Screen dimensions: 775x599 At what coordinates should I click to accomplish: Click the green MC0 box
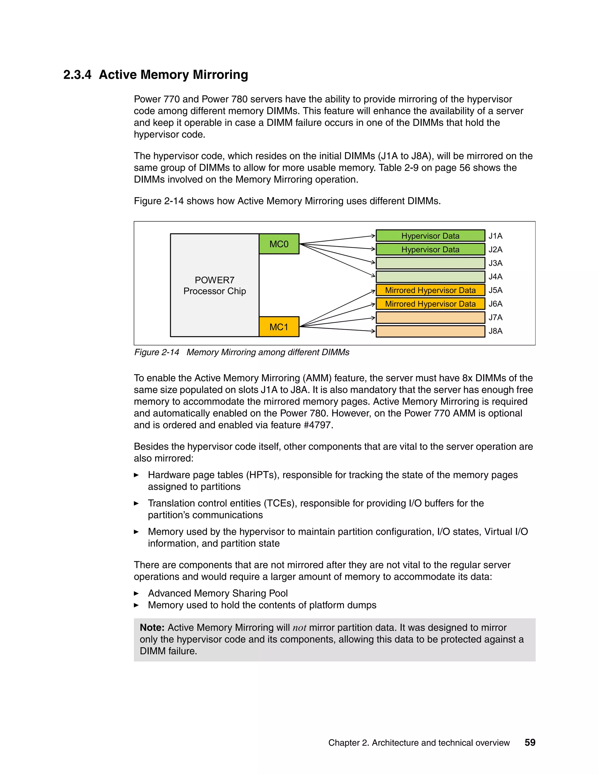(x=279, y=244)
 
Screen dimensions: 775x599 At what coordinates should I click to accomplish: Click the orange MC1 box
(x=279, y=327)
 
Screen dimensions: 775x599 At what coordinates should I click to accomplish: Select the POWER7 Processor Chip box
(x=214, y=285)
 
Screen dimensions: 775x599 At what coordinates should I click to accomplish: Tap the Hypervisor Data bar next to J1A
(x=430, y=236)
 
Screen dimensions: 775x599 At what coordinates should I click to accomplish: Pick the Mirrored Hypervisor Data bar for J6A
(x=430, y=304)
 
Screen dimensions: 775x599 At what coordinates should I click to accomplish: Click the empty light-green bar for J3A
(x=430, y=263)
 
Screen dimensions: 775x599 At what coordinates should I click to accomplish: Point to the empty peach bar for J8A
(x=430, y=331)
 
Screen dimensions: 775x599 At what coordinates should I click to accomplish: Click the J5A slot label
(x=495, y=290)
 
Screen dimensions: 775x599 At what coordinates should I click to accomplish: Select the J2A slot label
(x=495, y=249)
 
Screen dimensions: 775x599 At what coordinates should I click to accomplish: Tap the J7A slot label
(x=495, y=318)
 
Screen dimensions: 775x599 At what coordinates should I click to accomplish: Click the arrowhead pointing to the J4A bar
(x=373, y=275)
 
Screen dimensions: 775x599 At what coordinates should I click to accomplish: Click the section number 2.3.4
(x=77, y=75)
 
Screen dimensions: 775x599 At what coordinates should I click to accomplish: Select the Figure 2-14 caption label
(x=156, y=352)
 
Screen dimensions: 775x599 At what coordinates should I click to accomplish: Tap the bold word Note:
(x=152, y=628)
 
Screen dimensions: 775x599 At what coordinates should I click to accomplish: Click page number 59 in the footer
(x=530, y=743)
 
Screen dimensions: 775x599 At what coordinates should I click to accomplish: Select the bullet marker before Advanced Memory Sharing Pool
(x=136, y=593)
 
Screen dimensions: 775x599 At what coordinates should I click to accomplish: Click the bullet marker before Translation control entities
(x=136, y=503)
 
